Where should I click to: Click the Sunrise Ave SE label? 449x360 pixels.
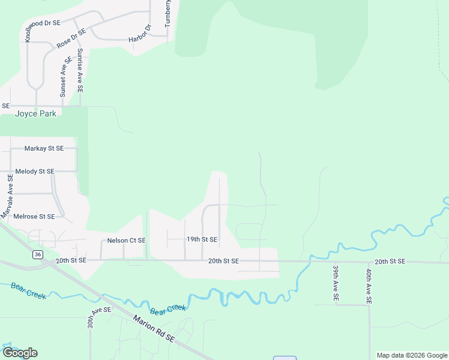80,70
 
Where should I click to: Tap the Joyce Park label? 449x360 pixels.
36,113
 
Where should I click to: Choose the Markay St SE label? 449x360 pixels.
44,148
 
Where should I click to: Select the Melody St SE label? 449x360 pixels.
35,172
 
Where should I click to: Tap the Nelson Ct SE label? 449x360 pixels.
126,241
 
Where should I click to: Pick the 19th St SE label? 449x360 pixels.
202,239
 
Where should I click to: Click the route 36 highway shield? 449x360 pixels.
38,255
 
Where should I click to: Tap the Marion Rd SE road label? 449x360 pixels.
154,329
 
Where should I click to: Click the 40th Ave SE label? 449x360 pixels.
369,284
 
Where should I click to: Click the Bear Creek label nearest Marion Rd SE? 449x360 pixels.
168,310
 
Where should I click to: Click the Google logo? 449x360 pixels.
20,353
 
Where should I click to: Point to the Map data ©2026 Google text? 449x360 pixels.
411,355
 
